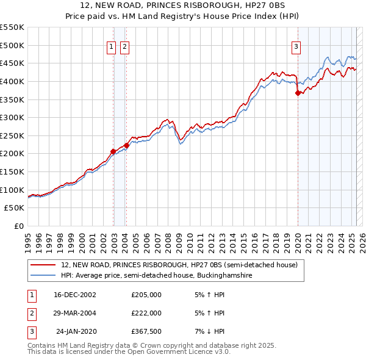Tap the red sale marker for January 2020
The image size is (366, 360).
(298, 93)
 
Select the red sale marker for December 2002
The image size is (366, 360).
(113, 151)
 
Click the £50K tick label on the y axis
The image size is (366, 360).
(15, 208)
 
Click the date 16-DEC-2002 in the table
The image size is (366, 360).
(74, 295)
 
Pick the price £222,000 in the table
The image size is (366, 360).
(146, 313)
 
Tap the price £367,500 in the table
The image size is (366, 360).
(146, 331)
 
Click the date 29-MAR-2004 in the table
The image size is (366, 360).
(74, 313)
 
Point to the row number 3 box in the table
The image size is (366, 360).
(30, 331)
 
